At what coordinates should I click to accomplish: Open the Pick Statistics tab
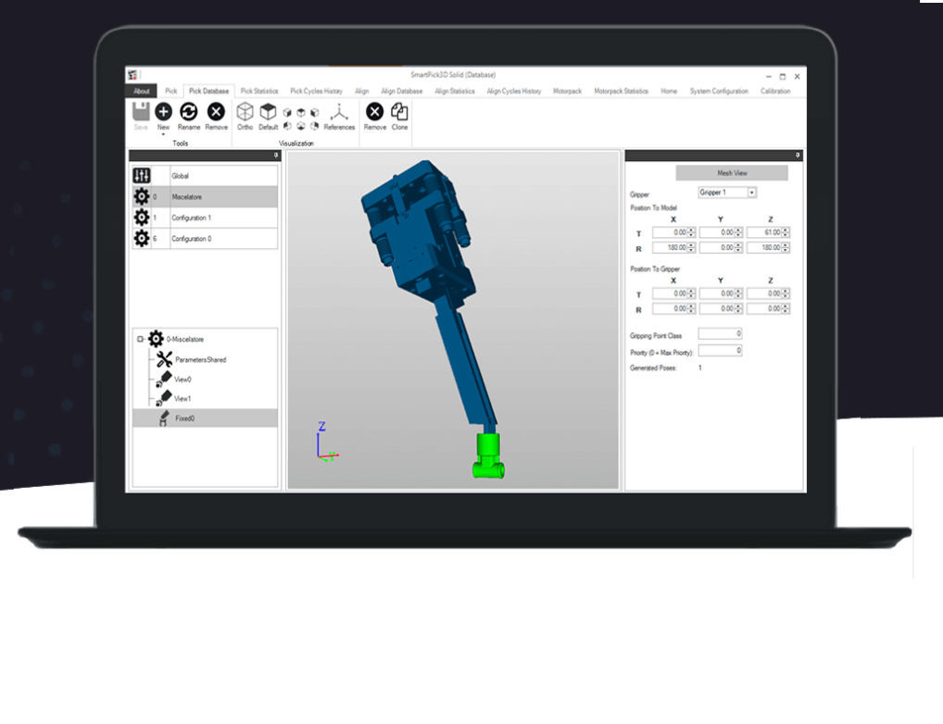click(x=259, y=92)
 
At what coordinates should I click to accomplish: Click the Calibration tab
click(x=775, y=92)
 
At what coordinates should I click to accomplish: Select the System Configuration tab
click(x=719, y=92)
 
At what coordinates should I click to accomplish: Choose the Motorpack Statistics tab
click(x=621, y=92)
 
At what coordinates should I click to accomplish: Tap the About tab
click(x=141, y=92)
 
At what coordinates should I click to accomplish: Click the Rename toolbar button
click(x=189, y=116)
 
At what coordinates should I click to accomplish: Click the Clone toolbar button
click(x=399, y=116)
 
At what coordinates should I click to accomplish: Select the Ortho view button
click(x=245, y=116)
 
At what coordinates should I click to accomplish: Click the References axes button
click(x=339, y=116)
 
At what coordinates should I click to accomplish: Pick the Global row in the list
click(x=204, y=175)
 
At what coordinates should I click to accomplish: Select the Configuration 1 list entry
click(x=204, y=218)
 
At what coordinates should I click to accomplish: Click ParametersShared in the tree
click(x=200, y=359)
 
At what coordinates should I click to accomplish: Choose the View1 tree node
click(x=182, y=398)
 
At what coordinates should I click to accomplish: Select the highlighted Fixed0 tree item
click(x=184, y=418)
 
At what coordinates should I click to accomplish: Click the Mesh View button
click(x=732, y=173)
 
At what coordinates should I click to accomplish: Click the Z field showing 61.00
click(x=765, y=232)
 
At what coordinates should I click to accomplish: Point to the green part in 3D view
click(x=488, y=456)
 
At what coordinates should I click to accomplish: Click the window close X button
click(x=797, y=76)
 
